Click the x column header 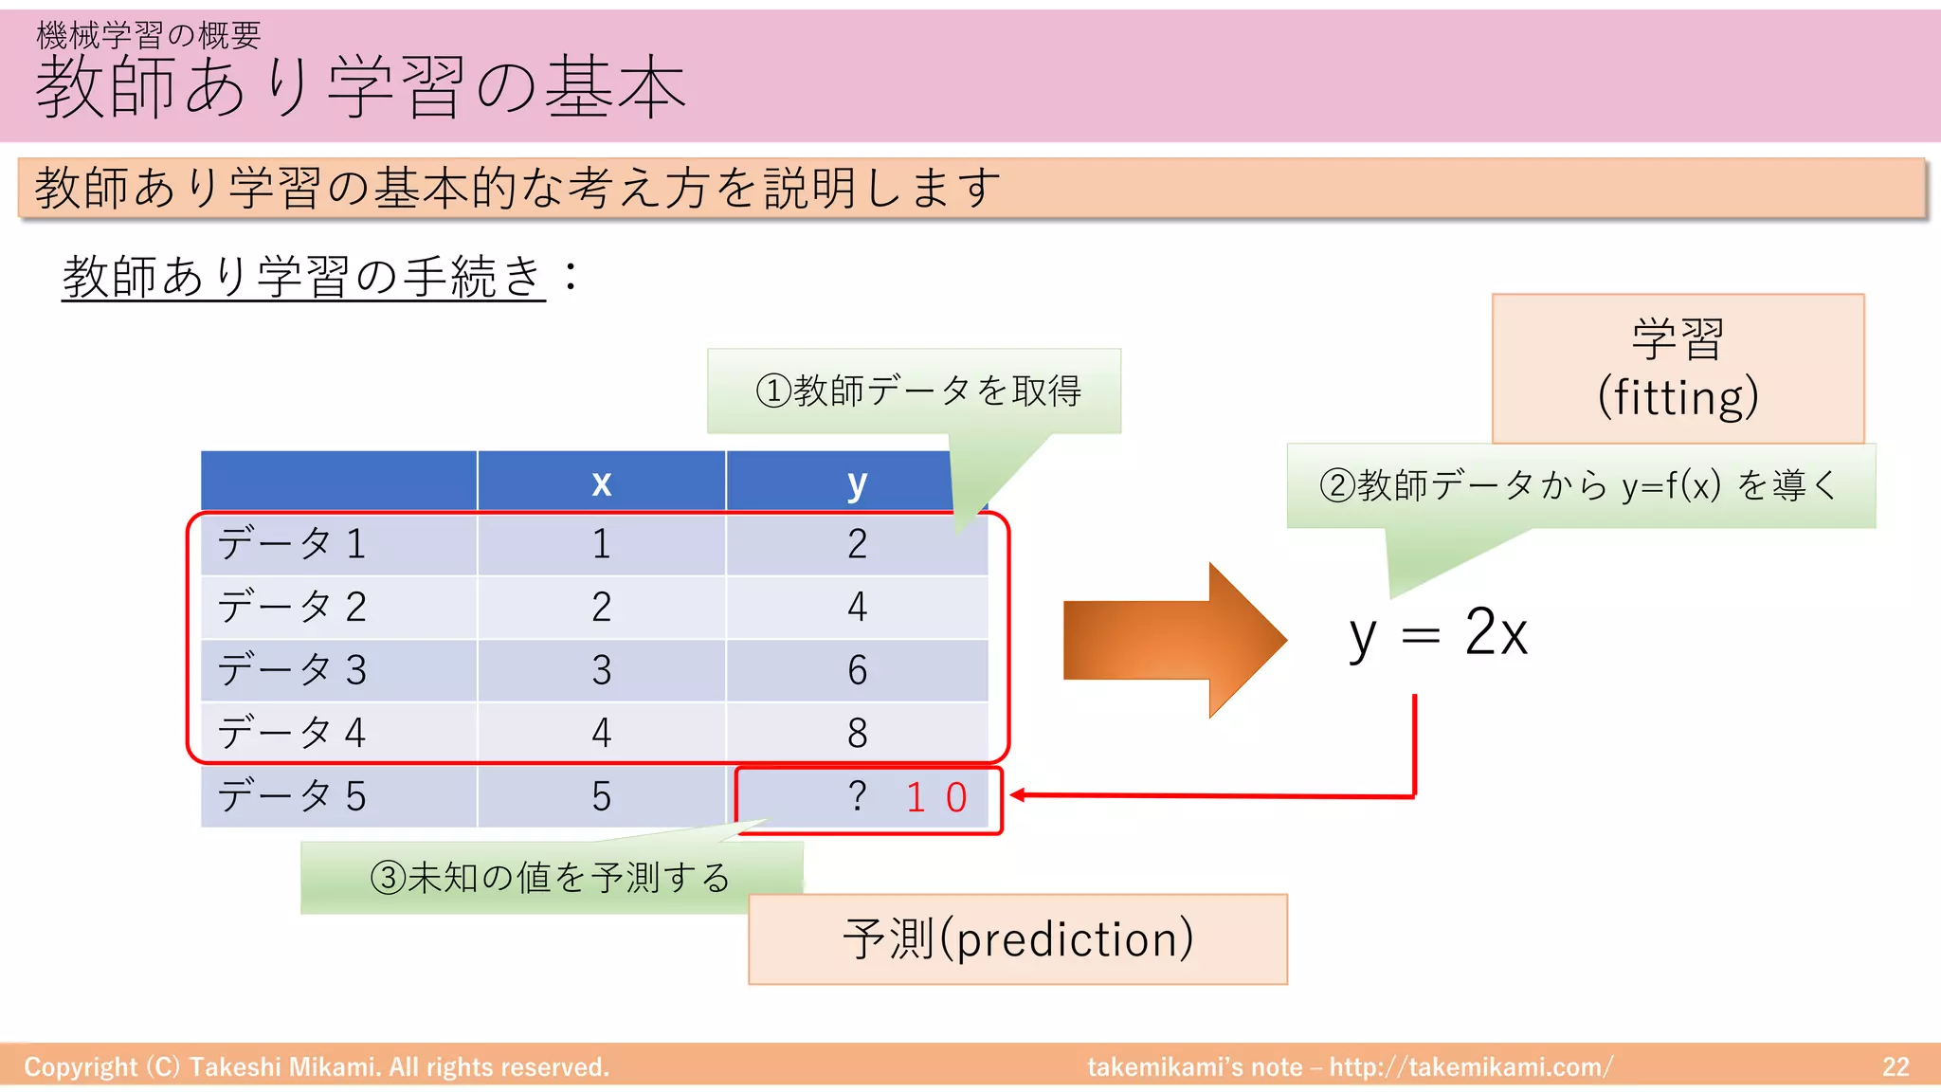click(601, 482)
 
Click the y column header click(856, 482)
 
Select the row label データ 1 click(291, 544)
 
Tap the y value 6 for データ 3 click(857, 670)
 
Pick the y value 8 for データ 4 click(857, 733)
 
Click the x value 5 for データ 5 click(601, 796)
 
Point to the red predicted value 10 click(936, 797)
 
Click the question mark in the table click(857, 796)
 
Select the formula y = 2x click(1438, 633)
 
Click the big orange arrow click(1173, 641)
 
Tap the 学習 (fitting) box click(1678, 368)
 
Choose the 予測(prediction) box click(1017, 938)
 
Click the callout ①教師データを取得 click(916, 391)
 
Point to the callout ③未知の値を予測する click(550, 877)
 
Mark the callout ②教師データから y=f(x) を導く click(1579, 485)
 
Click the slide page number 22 click(1895, 1066)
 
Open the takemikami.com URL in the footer click(1470, 1066)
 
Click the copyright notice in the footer click(317, 1066)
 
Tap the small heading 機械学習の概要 click(148, 35)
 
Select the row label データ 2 click(291, 607)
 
